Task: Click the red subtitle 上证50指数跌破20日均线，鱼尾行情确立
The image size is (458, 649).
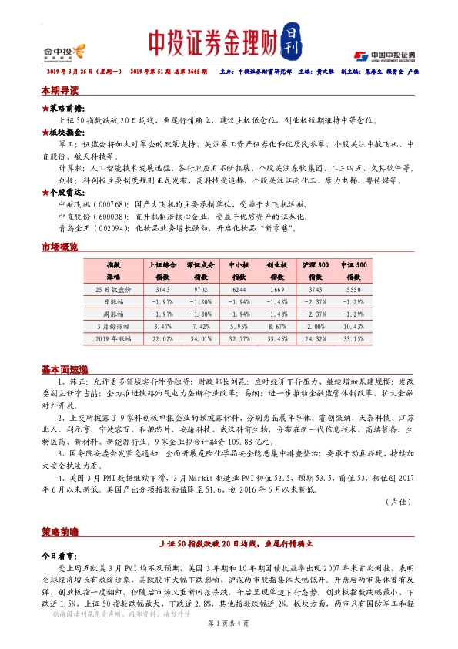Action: (229, 543)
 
